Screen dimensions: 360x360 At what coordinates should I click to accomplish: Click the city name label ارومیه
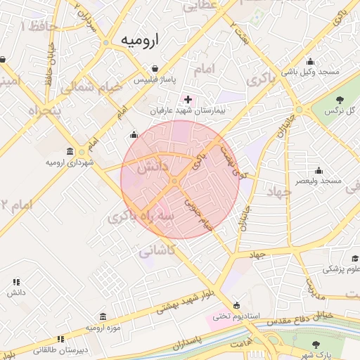(139, 40)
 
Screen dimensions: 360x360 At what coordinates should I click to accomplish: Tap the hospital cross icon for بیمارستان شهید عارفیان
(187, 100)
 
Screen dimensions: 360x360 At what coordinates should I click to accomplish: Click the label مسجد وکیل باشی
(311, 72)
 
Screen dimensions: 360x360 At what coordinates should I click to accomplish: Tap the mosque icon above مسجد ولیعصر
(319, 169)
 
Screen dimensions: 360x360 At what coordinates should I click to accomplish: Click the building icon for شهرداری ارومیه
(70, 152)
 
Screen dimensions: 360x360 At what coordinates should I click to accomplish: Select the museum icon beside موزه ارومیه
(104, 316)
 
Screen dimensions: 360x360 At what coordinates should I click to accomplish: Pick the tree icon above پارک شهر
(316, 344)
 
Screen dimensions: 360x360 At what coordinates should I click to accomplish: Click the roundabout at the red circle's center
(174, 182)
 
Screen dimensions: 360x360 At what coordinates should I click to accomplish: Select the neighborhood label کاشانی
(158, 250)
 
